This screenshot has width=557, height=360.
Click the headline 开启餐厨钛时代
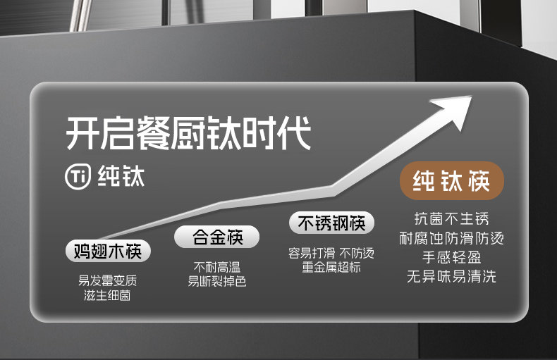pyautogui.click(x=188, y=134)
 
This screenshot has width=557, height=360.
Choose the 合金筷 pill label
pyautogui.click(x=216, y=237)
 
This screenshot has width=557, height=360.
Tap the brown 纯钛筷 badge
pyautogui.click(x=452, y=182)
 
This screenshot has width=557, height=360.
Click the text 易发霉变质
pyautogui.click(x=107, y=280)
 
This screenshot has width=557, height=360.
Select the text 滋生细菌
pyautogui.click(x=107, y=295)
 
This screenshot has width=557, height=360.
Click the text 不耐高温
pyautogui.click(x=217, y=267)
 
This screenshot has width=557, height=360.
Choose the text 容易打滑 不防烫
pyautogui.click(x=331, y=253)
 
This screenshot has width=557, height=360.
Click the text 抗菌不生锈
pyautogui.click(x=451, y=218)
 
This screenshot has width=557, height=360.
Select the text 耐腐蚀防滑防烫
pyautogui.click(x=451, y=238)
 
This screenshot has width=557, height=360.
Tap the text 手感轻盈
pyautogui.click(x=451, y=257)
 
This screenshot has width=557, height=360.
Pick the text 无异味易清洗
pyautogui.click(x=451, y=276)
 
